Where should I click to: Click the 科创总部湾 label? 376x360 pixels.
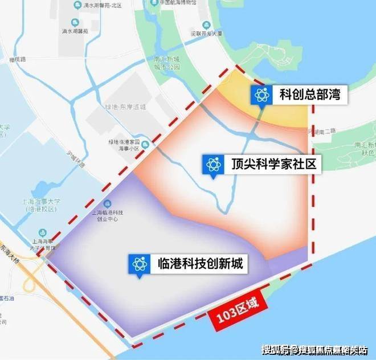[x=310, y=95]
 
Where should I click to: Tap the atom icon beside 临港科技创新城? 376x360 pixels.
[x=140, y=264]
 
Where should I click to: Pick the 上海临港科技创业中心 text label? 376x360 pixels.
[x=107, y=215]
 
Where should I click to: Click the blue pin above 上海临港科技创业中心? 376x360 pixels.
[x=107, y=203]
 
